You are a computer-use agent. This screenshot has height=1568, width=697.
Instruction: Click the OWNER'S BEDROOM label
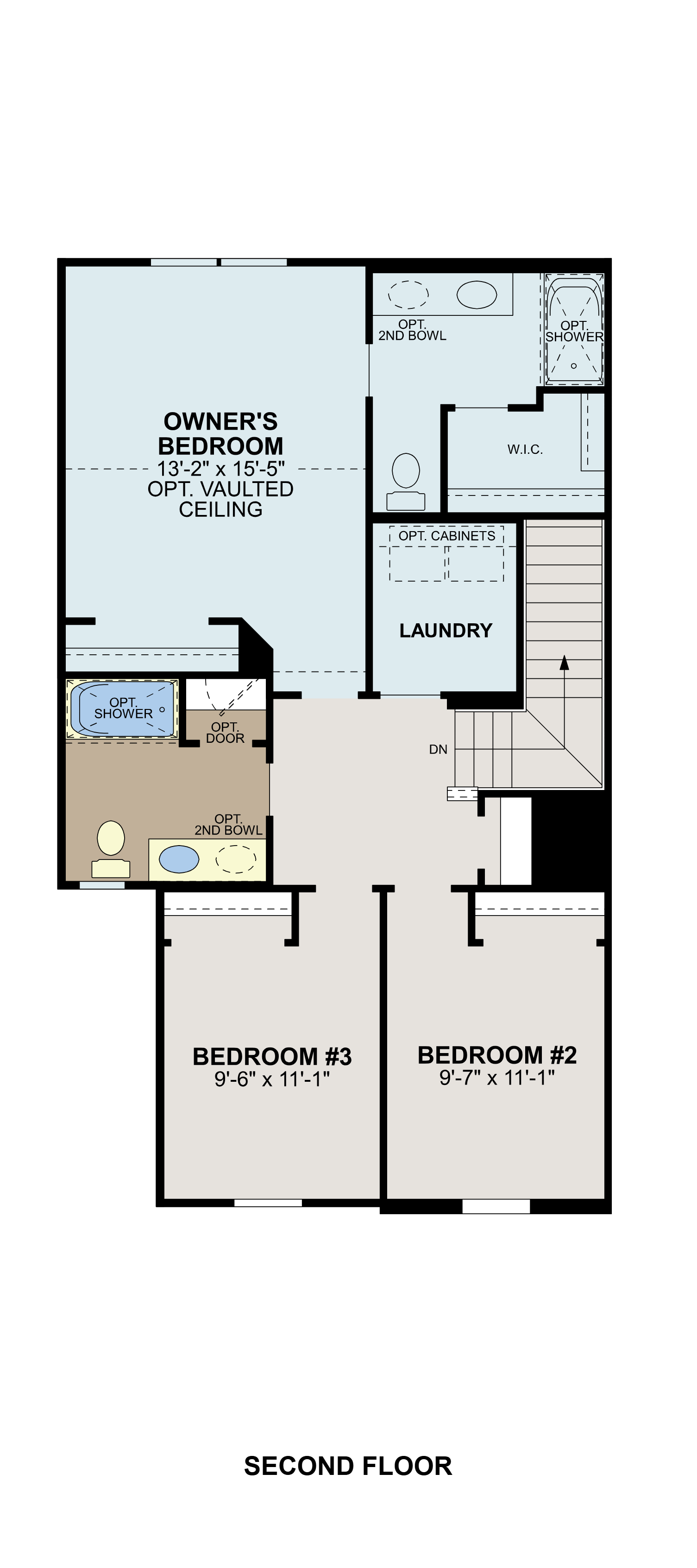220,433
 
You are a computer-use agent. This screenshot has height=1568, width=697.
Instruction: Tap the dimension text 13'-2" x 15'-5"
220,469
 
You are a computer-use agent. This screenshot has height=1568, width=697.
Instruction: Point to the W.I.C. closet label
525,450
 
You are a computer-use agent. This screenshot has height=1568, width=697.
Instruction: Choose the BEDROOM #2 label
497,1055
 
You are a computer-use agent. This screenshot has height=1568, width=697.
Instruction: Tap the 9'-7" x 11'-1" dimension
497,1078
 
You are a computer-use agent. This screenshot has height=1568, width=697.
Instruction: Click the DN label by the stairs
438,749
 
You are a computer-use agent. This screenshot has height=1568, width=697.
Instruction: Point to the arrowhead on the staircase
564,662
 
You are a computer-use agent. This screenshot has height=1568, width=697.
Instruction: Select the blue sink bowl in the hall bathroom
178,859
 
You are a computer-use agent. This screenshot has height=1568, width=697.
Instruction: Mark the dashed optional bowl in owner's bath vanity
408,295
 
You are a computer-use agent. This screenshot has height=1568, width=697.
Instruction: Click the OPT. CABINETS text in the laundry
447,536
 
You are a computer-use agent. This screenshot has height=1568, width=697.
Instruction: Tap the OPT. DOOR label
225,733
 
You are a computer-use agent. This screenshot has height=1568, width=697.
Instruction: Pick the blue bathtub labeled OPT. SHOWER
122,709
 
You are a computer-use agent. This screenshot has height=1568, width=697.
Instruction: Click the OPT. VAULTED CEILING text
220,499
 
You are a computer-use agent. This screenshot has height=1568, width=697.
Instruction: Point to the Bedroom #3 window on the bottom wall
268,1203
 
